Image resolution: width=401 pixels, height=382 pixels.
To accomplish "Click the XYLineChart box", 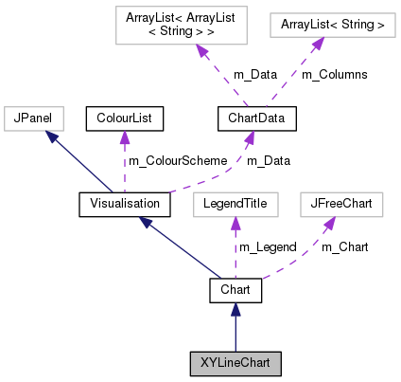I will [235, 362].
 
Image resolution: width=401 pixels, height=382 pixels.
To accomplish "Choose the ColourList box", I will [125, 118].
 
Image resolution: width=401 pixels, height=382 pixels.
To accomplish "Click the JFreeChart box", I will [339, 203].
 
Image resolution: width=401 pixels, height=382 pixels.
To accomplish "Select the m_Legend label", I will [268, 246].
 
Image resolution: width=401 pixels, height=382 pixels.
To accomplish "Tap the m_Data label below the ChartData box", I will [269, 161].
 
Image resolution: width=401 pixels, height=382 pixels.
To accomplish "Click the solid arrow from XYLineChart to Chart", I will [235, 327].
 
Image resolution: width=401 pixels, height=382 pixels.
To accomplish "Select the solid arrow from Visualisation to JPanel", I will [78, 161].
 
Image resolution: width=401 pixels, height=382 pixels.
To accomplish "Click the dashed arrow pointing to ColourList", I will [123, 156].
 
